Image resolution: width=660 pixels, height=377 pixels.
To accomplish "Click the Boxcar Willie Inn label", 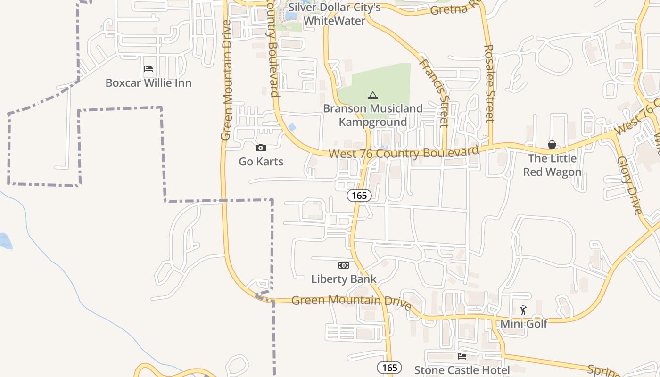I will [148, 83].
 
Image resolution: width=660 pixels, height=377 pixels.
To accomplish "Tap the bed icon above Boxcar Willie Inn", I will [148, 69].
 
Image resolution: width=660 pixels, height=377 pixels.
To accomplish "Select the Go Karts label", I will [261, 162].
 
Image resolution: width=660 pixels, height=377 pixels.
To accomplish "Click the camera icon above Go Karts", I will [261, 148].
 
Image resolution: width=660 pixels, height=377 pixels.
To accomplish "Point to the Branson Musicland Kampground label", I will [373, 115].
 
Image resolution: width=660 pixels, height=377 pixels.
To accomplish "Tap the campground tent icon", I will [373, 95].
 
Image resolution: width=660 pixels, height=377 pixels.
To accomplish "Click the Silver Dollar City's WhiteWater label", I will [334, 14].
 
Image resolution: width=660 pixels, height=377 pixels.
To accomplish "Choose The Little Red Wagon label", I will [552, 165].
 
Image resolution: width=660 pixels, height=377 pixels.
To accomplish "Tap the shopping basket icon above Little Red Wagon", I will [552, 145].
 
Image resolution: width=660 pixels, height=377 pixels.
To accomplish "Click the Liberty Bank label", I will [344, 279].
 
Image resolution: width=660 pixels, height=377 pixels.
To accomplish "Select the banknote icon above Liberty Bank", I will [344, 265].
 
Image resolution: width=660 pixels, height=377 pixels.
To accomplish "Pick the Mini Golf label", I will [524, 324].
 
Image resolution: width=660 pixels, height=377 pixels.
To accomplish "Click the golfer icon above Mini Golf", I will [523, 310].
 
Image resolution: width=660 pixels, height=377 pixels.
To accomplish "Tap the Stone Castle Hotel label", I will [462, 370].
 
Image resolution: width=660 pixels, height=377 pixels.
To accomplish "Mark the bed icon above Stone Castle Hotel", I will [462, 356].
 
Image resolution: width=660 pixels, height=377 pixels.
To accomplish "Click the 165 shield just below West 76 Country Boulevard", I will [359, 196].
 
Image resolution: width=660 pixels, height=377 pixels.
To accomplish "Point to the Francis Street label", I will [434, 92].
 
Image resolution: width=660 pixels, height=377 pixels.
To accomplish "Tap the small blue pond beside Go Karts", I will [292, 127].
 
